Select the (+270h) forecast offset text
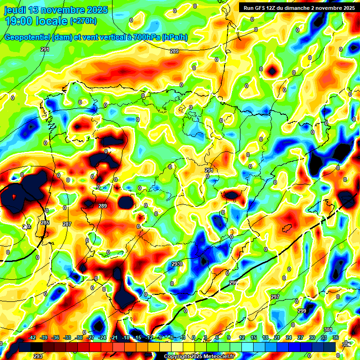[x=83, y=21]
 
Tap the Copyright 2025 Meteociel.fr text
[x=199, y=357]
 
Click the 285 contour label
[x=45, y=223]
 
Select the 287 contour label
[x=67, y=225]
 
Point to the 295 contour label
[x=233, y=283]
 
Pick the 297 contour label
[x=275, y=297]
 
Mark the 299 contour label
[x=302, y=311]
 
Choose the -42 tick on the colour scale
[x=32, y=337]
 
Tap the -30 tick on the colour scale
[x=79, y=337]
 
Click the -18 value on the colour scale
[x=126, y=337]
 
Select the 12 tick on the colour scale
[x=242, y=337]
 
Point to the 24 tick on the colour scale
[x=288, y=337]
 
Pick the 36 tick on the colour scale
[x=335, y=337]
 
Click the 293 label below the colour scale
[x=38, y=356]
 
